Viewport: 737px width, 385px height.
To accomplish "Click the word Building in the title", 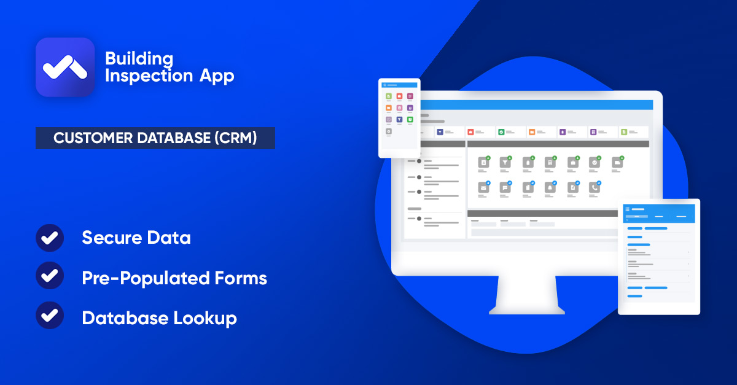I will click(x=139, y=59).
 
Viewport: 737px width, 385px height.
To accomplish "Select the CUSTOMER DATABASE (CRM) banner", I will click(x=155, y=138).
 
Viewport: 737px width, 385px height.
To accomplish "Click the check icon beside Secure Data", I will click(x=50, y=238).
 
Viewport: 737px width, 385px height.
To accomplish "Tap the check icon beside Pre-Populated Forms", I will click(x=50, y=278).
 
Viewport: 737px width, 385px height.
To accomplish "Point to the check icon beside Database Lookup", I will click(x=50, y=317).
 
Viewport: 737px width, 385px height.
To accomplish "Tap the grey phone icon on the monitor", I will click(x=593, y=187).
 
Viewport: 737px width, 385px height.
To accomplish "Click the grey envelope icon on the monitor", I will click(x=483, y=187).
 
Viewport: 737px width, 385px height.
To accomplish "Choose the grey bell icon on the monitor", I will click(x=550, y=187).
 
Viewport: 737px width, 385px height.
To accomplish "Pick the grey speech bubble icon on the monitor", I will click(x=505, y=187).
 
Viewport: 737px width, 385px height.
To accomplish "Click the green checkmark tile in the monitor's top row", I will click(x=501, y=131).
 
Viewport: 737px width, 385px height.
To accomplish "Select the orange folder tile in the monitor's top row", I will click(x=532, y=131).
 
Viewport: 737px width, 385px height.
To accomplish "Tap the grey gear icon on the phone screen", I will click(x=388, y=131).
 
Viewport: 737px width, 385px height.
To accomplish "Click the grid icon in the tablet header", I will click(x=628, y=209).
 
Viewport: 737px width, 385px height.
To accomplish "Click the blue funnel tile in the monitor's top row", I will click(x=440, y=131).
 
